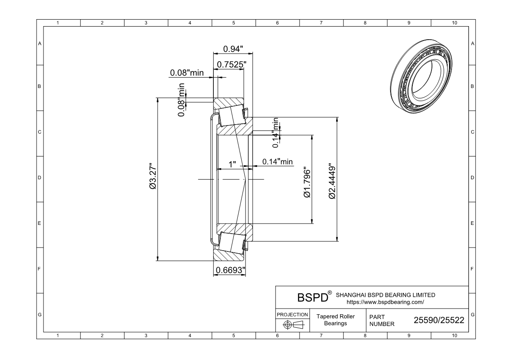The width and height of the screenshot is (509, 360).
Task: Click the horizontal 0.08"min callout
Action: [x=187, y=73]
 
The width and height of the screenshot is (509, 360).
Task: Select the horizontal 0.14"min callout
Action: [x=277, y=162]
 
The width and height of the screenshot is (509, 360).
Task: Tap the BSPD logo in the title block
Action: [x=312, y=298]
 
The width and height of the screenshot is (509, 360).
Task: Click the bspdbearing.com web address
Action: [x=385, y=302]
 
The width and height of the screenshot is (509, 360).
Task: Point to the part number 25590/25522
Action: [x=438, y=320]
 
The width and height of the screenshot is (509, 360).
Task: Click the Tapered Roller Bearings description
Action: [x=335, y=320]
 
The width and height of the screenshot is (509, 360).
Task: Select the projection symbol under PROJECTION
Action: [x=293, y=325]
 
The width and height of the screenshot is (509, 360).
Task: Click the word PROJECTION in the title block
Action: [x=293, y=314]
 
